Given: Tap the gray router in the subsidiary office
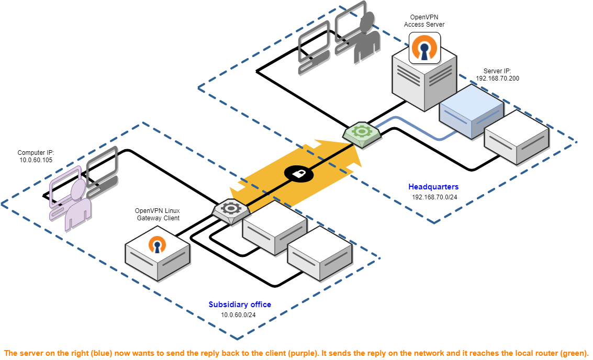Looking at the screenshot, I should [x=231, y=210].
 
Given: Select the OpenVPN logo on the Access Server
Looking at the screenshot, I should [x=424, y=48].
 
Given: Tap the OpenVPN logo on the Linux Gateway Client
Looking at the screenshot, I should [x=156, y=244].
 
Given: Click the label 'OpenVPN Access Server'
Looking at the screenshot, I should [x=424, y=21].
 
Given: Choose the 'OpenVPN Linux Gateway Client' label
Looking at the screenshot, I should [x=158, y=214].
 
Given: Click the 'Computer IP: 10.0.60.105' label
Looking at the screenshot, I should [x=36, y=156].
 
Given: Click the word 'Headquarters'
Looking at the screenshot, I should [x=433, y=187].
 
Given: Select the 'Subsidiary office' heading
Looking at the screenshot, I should [x=240, y=305].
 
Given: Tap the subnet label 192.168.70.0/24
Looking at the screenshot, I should [x=434, y=197].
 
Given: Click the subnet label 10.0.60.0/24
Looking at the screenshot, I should [x=238, y=315].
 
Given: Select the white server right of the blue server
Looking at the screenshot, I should [x=517, y=137].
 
